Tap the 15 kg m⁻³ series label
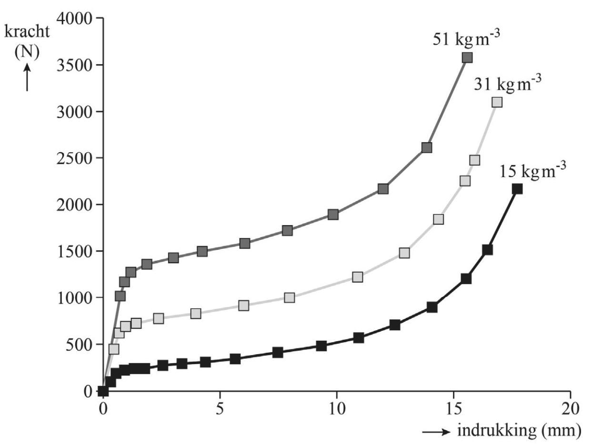click(532, 170)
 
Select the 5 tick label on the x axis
click(220, 410)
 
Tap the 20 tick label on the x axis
click(570, 410)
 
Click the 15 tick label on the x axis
click(453, 410)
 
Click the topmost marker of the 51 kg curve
click(467, 58)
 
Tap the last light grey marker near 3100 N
click(497, 102)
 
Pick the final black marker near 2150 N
click(517, 188)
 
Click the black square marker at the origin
click(103, 391)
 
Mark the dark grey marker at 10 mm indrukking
click(333, 214)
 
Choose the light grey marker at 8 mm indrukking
click(289, 297)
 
